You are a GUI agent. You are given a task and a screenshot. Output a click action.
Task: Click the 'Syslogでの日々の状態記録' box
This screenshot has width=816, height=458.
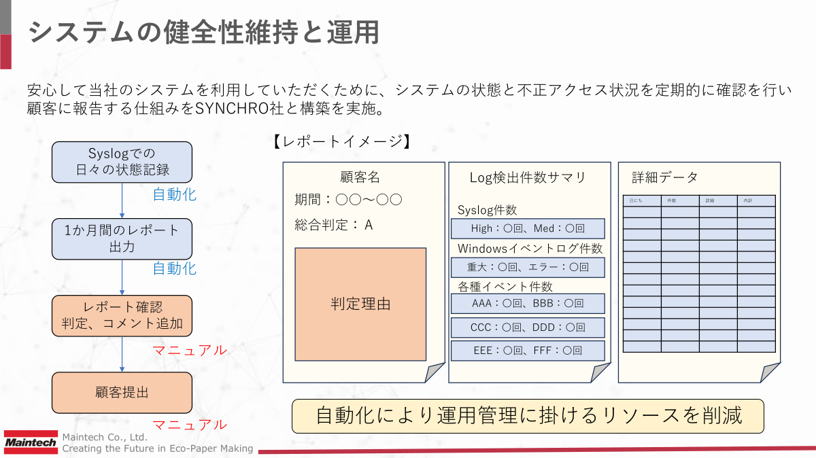[122, 162]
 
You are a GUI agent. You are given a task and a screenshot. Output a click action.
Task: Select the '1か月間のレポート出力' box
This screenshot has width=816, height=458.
[122, 239]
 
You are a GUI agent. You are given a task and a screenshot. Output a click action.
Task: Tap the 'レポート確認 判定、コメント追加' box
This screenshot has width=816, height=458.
[122, 315]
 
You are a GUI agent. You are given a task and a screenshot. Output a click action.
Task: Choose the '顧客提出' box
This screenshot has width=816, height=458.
[122, 392]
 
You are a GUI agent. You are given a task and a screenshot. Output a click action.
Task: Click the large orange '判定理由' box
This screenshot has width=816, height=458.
[360, 304]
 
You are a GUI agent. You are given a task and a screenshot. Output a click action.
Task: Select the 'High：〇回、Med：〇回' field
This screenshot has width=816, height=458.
[528, 228]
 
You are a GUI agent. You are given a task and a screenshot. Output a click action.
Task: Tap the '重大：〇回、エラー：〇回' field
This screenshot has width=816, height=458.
[528, 267]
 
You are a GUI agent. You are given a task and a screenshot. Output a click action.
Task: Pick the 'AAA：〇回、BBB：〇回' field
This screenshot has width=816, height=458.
[528, 303]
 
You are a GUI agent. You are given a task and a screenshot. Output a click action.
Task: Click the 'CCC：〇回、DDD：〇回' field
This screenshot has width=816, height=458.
[528, 328]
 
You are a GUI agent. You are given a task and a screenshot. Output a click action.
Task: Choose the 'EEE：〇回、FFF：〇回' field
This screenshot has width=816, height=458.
[528, 351]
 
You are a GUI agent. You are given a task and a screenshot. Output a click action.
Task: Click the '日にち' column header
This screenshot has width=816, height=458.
[642, 200]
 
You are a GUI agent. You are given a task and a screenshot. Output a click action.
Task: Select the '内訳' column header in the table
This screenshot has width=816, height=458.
[756, 200]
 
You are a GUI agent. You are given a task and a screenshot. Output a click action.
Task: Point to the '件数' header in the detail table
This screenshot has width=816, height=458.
[680, 200]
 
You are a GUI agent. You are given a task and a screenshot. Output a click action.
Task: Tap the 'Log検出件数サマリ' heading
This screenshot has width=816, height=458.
[528, 177]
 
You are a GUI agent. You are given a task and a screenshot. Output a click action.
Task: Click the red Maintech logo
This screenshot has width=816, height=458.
[31, 442]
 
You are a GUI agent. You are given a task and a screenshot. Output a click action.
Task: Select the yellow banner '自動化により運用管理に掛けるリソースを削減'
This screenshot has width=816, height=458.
[528, 415]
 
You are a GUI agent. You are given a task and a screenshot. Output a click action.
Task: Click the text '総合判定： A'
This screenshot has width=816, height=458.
[334, 224]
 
